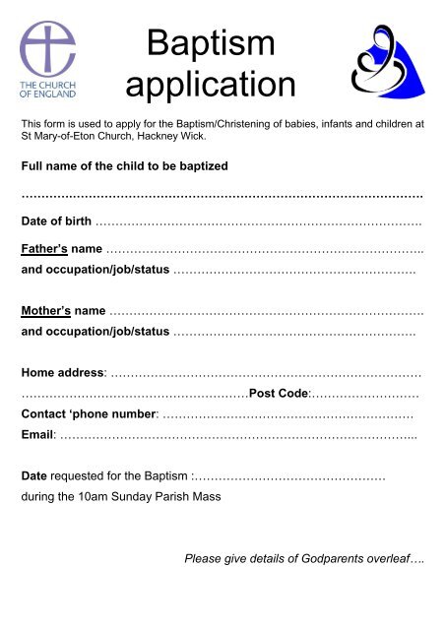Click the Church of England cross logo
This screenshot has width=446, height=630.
pyautogui.click(x=48, y=48)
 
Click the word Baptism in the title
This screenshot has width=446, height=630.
pyautogui.click(x=212, y=43)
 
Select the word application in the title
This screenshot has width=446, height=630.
pyautogui.click(x=212, y=85)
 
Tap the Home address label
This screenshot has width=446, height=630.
pyautogui.click(x=64, y=374)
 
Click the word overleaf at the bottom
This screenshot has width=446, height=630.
pyautogui.click(x=393, y=560)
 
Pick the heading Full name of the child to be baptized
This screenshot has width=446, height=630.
pyautogui.click(x=124, y=167)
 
